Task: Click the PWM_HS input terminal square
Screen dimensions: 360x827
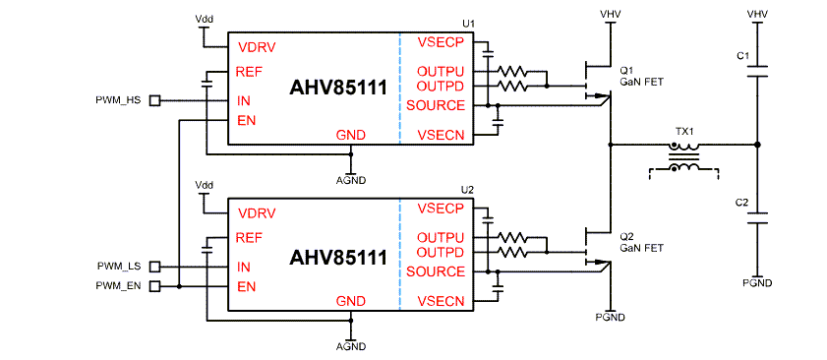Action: click(x=153, y=100)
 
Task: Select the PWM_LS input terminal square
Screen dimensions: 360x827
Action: click(x=153, y=267)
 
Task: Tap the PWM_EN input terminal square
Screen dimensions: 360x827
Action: click(x=153, y=286)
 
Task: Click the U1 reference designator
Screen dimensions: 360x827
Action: click(x=467, y=23)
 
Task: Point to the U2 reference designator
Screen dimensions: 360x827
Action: click(x=467, y=189)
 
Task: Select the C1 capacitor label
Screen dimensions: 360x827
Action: click(x=742, y=55)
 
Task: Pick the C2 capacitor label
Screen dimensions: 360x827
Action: click(x=742, y=203)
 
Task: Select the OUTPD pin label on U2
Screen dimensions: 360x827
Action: click(x=440, y=253)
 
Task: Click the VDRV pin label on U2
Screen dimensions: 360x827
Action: click(x=257, y=213)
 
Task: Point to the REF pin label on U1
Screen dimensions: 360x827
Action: click(x=249, y=71)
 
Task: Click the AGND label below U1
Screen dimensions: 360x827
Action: click(x=351, y=181)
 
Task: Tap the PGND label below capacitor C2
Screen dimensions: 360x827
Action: click(x=757, y=283)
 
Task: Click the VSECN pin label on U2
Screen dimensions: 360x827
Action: click(x=440, y=301)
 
